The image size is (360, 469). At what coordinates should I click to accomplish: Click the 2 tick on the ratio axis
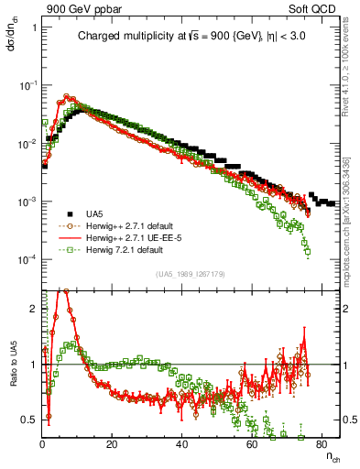point(33,309)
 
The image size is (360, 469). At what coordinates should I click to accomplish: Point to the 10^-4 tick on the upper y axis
point(27,259)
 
